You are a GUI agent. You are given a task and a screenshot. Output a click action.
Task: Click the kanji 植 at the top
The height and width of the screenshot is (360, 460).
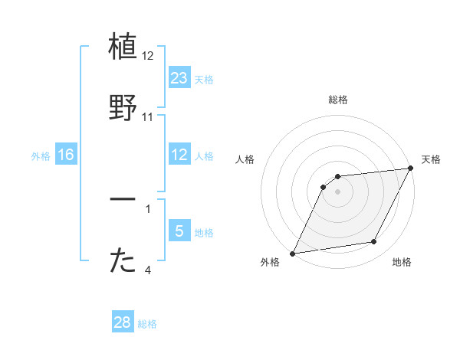click(x=123, y=48)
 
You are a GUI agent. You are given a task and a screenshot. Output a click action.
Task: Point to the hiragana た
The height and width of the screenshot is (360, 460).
click(x=123, y=260)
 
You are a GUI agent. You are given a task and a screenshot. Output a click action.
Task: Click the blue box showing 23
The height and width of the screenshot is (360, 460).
click(x=179, y=77)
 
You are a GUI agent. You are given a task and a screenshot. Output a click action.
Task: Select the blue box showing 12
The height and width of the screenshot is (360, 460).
click(x=179, y=155)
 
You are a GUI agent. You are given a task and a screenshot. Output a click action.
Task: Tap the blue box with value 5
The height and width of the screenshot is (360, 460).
click(x=179, y=231)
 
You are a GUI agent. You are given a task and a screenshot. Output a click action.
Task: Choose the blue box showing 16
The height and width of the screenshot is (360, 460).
click(x=66, y=155)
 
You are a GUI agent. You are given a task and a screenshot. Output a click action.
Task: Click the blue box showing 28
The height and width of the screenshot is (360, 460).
click(x=123, y=322)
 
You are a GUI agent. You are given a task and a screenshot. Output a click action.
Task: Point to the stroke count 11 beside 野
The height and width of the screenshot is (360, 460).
click(x=148, y=117)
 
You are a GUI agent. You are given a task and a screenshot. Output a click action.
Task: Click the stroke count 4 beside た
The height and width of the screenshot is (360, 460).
click(x=147, y=270)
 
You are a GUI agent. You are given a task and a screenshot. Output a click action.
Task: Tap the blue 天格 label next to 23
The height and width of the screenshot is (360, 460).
click(x=204, y=79)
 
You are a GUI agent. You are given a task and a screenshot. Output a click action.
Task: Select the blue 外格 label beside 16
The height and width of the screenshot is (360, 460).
click(x=41, y=155)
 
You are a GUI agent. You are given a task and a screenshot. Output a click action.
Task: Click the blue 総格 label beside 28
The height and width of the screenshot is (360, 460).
click(x=147, y=324)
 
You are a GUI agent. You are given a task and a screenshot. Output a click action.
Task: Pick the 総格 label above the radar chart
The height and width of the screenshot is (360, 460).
click(x=338, y=100)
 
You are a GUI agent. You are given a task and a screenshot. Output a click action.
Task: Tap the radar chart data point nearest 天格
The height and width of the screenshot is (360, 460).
click(x=411, y=169)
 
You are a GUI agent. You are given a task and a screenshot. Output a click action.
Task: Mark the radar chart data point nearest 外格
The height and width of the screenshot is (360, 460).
click(x=292, y=253)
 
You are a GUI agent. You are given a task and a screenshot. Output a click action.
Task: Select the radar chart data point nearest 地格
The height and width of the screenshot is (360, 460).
click(x=374, y=242)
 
